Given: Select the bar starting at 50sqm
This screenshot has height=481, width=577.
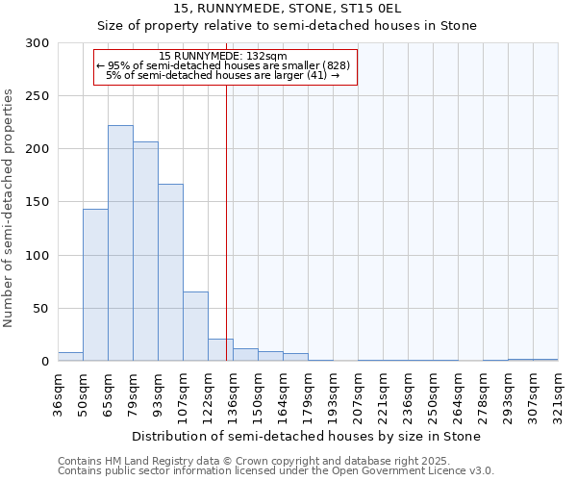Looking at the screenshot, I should [95, 285].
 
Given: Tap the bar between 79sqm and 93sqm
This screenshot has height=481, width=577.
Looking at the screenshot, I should [145, 251].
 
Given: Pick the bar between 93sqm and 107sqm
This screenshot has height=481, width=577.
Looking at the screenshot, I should [170, 272].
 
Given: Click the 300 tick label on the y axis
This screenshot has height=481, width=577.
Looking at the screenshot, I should [38, 43].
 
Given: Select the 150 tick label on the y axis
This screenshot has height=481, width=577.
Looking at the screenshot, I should [38, 203].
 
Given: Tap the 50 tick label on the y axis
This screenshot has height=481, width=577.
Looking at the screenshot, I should [41, 309].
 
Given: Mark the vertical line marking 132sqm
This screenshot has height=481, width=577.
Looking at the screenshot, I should [226, 221].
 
